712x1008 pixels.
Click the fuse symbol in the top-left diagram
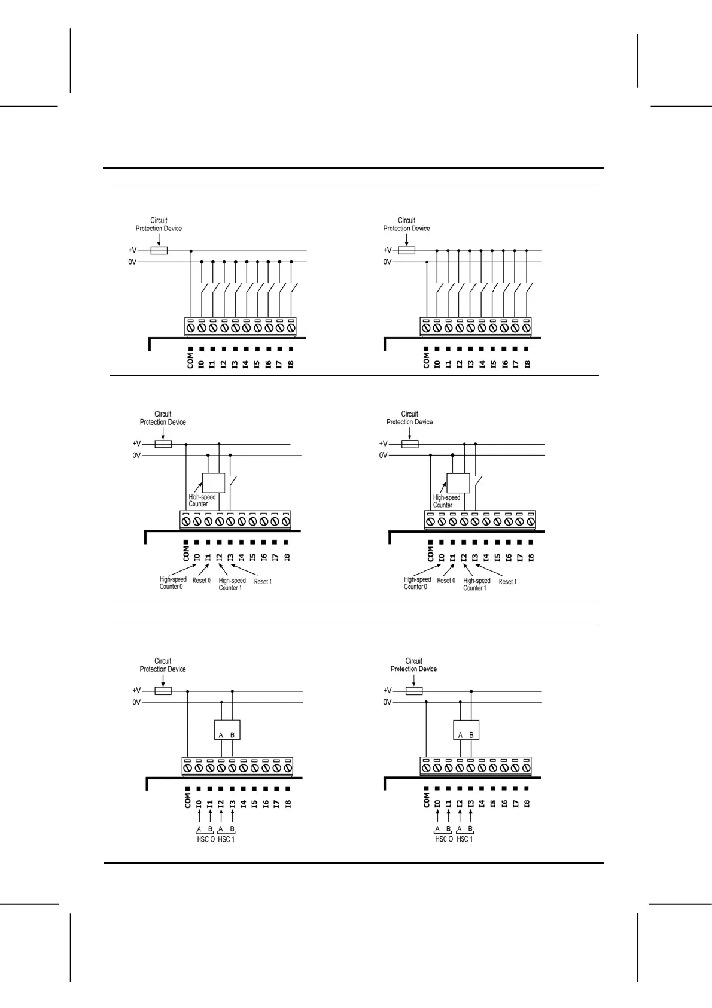pyautogui.click(x=159, y=251)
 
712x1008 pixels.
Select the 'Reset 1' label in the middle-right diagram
pyautogui.click(x=507, y=582)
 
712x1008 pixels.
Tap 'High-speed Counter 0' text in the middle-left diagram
pyautogui.click(x=172, y=583)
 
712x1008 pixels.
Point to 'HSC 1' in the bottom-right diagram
pyautogui.click(x=465, y=839)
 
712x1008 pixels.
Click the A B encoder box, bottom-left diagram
pyautogui.click(x=227, y=730)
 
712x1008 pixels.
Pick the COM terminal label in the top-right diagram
pyautogui.click(x=426, y=360)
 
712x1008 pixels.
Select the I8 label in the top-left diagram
pyautogui.click(x=291, y=363)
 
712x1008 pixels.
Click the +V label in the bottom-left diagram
pyautogui.click(x=136, y=690)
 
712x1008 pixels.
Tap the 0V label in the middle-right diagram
pyautogui.click(x=383, y=456)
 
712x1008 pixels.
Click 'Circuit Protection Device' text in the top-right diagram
pyautogui.click(x=406, y=224)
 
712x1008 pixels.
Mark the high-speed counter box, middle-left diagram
pyautogui.click(x=214, y=482)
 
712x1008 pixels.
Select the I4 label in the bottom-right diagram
pyautogui.click(x=482, y=804)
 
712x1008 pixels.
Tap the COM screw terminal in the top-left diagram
pyautogui.click(x=190, y=328)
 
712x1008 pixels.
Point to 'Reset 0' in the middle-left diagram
pyautogui.click(x=201, y=581)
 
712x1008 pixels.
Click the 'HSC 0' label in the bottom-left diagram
pyautogui.click(x=205, y=839)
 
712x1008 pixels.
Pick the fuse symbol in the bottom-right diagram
pyautogui.click(x=414, y=691)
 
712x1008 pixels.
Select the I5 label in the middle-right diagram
pyautogui.click(x=497, y=557)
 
